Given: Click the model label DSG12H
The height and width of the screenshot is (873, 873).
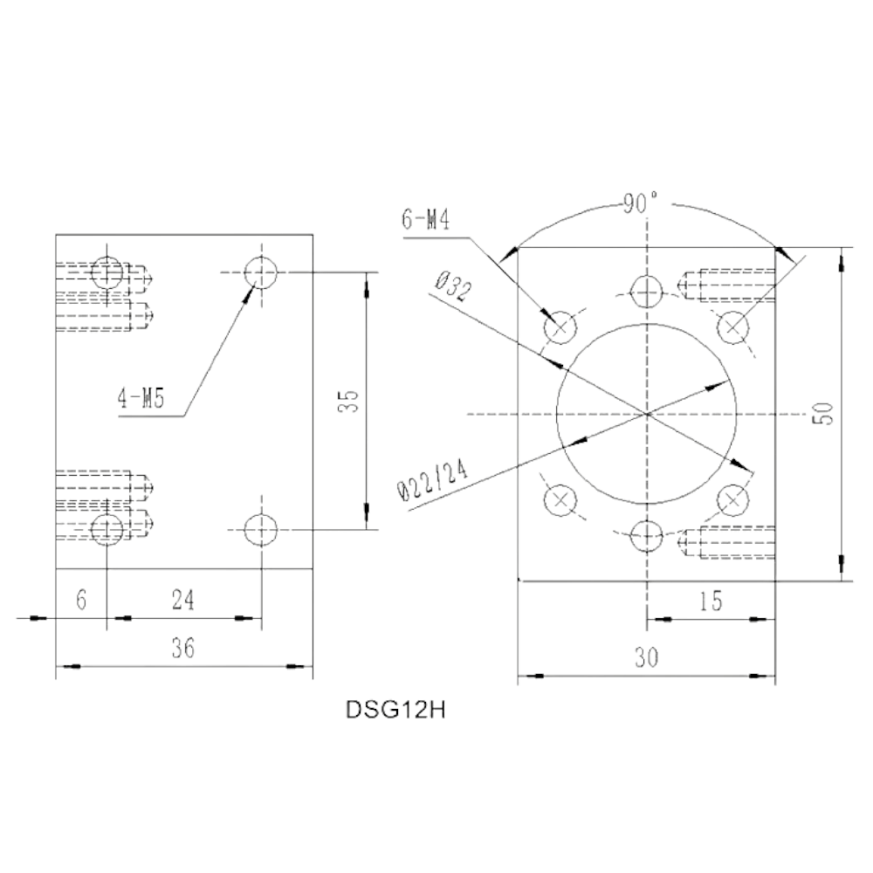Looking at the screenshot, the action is click(395, 711).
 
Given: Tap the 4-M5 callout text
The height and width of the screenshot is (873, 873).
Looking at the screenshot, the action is click(141, 399).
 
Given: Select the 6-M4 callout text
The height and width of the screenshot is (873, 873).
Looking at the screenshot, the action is click(426, 220).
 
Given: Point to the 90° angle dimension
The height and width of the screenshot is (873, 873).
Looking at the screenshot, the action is click(640, 203).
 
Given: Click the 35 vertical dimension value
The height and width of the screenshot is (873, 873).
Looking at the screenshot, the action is click(348, 401).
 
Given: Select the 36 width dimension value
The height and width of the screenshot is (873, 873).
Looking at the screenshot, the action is click(183, 648).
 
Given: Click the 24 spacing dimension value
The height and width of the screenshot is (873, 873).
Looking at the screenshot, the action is click(183, 601).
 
